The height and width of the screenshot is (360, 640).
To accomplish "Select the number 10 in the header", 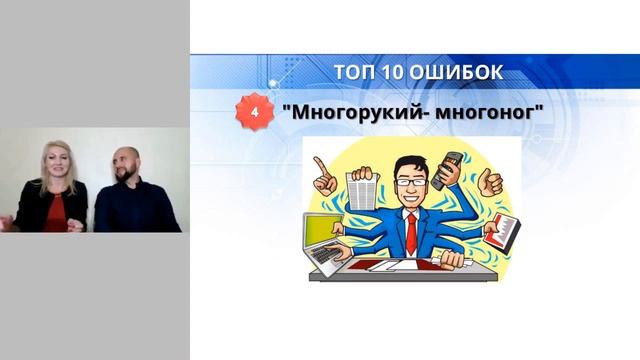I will point(393,70).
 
